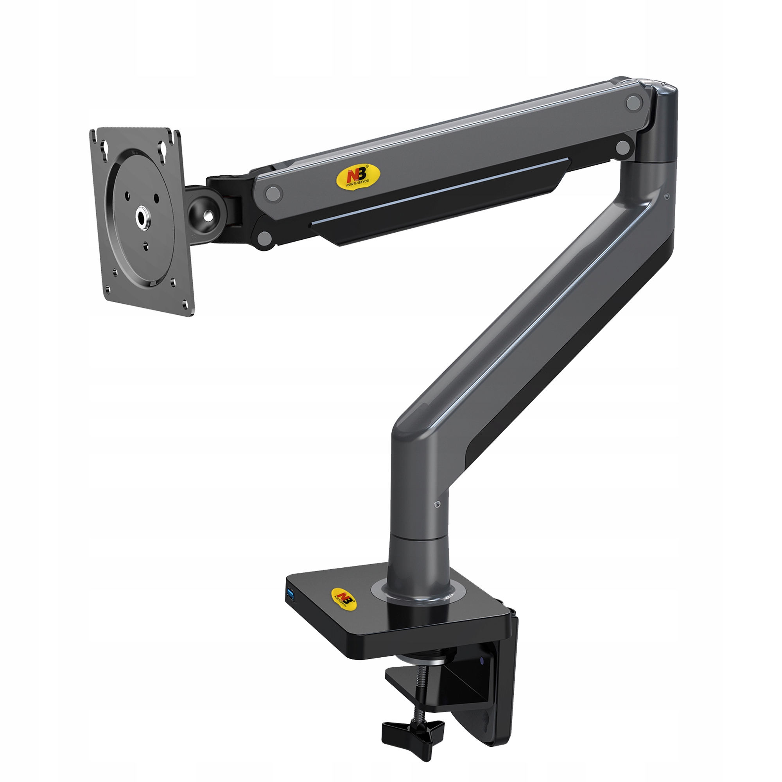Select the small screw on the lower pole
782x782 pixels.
436,504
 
